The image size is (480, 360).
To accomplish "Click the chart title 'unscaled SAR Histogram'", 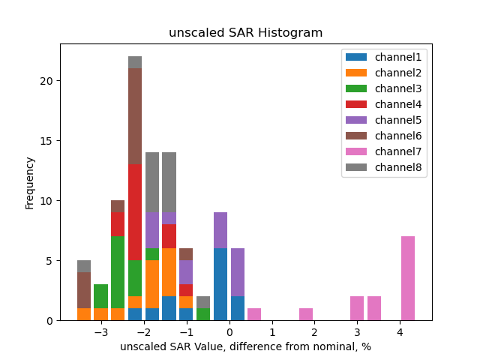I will pyautogui.click(x=245, y=33).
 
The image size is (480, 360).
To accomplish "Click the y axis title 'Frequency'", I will pyautogui.click(x=30, y=182).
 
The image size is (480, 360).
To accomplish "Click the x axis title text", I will pyautogui.click(x=245, y=346).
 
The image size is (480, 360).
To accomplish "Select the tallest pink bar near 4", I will pyautogui.click(x=408, y=278).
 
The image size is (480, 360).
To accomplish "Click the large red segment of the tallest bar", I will pyautogui.click(x=135, y=212).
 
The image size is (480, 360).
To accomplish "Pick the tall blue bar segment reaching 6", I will pyautogui.click(x=220, y=284).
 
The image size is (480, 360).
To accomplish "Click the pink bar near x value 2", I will pyautogui.click(x=306, y=314).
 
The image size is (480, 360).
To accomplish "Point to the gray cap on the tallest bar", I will pyautogui.click(x=135, y=62).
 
